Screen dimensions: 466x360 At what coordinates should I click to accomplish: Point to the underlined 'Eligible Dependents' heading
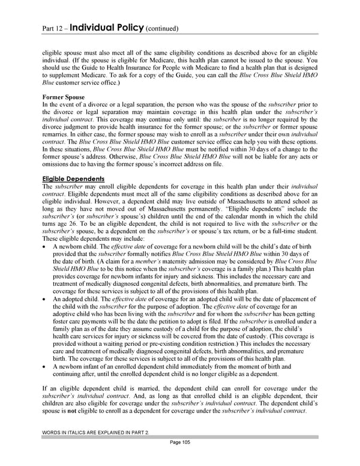pos(74,178)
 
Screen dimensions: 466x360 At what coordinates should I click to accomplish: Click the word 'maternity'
pos(181,261)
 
